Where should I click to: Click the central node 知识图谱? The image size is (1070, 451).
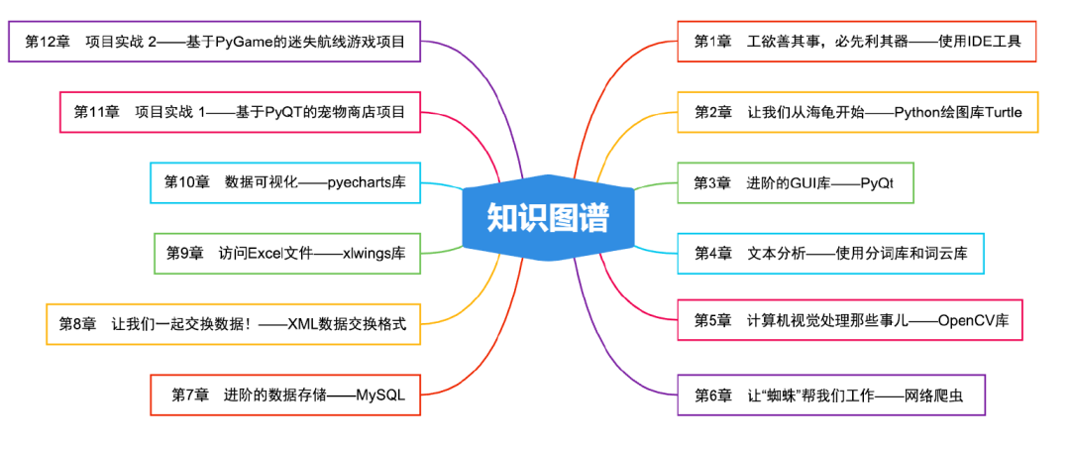548,217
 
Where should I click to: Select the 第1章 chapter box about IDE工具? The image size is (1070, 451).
857,42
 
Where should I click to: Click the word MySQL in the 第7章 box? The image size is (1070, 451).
380,395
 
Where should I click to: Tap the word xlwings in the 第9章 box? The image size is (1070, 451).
365,253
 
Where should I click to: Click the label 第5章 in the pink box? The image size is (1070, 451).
712,320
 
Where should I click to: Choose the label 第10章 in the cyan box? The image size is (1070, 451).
186,181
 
